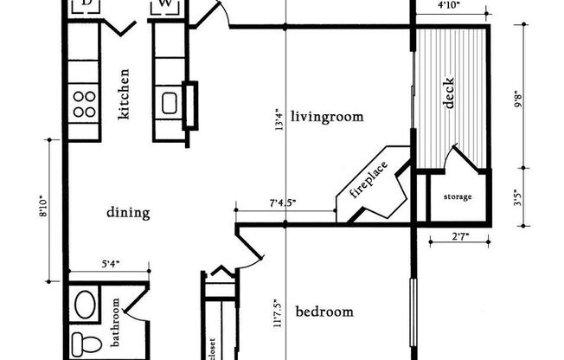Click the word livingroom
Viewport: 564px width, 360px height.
(x=327, y=117)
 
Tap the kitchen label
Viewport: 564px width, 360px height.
(x=124, y=94)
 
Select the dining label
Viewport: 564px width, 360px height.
(x=128, y=213)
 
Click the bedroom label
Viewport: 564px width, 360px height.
(x=324, y=312)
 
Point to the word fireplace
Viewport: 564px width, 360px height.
(x=369, y=180)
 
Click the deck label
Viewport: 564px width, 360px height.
(x=449, y=93)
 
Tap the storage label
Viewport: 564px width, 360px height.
(x=458, y=197)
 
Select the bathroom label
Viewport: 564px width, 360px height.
(x=115, y=322)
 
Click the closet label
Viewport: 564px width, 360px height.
(x=212, y=349)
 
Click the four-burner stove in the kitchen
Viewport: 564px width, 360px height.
(x=84, y=104)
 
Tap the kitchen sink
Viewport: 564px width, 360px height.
(x=170, y=103)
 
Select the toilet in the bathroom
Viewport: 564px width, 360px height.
(x=84, y=345)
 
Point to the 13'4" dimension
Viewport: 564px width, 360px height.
(x=279, y=119)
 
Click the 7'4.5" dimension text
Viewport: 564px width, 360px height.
(x=283, y=203)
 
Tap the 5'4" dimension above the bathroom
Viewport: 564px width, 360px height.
(x=111, y=265)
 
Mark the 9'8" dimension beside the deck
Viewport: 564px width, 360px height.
(x=518, y=99)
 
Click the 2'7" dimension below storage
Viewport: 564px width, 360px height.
(x=460, y=237)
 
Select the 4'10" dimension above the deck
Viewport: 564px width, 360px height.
(x=449, y=6)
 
